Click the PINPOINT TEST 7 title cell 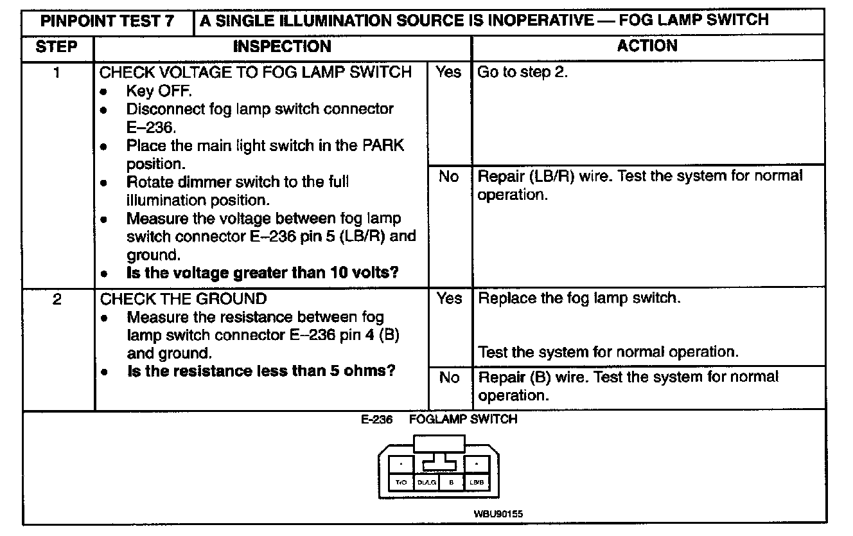tap(107, 21)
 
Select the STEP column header tap(57, 47)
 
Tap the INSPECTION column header tap(282, 47)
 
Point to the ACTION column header tap(647, 46)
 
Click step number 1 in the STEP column tap(57, 73)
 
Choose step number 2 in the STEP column tap(57, 299)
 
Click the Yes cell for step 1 tap(448, 73)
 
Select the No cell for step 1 tap(448, 176)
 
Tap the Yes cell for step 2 tap(448, 299)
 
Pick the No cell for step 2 tap(448, 378)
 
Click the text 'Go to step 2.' tap(523, 73)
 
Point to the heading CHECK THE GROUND tap(183, 299)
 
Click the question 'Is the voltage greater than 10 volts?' tap(263, 272)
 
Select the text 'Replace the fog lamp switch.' tap(579, 299)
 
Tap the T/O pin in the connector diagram tap(401, 482)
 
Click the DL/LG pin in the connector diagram tap(426, 482)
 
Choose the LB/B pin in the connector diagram tap(477, 482)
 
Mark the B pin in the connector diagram tap(452, 482)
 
